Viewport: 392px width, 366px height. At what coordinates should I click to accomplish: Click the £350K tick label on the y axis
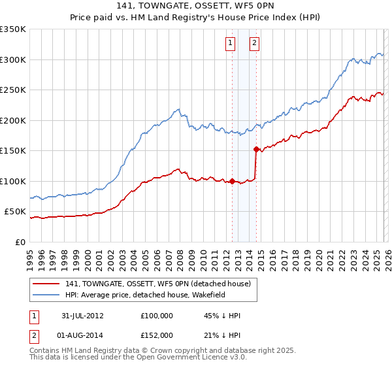(x=13, y=29)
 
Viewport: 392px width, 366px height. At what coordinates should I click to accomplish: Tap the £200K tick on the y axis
(x=13, y=120)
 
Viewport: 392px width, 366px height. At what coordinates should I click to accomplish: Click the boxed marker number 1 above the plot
(x=231, y=44)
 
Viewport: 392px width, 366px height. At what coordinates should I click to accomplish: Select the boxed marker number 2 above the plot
(x=254, y=44)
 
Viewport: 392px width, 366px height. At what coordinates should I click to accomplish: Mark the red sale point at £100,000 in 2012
(x=233, y=181)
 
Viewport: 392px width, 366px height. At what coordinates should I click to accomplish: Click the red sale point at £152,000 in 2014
(x=256, y=149)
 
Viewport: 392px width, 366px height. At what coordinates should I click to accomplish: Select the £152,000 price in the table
(x=156, y=335)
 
